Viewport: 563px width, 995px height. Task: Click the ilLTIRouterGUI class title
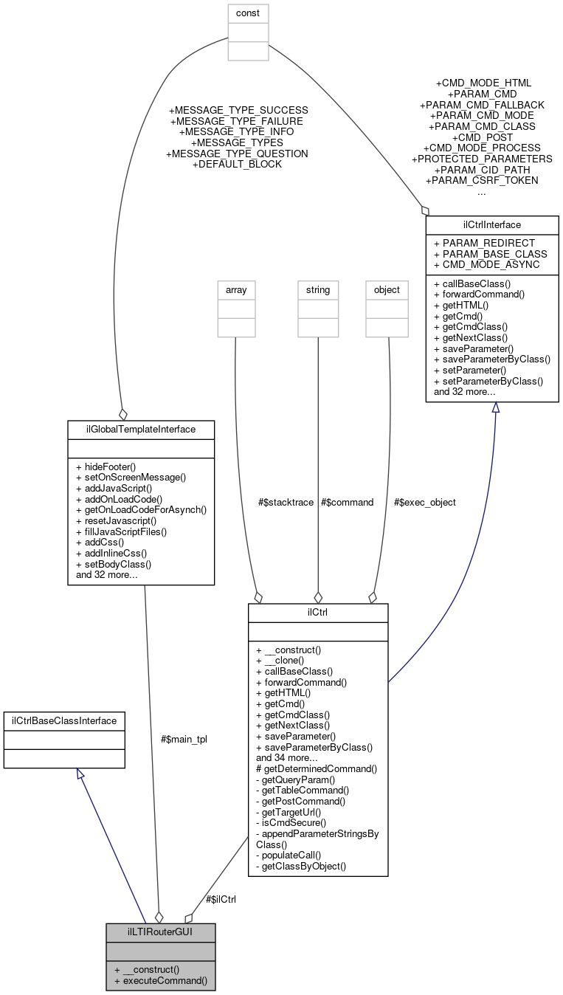161,932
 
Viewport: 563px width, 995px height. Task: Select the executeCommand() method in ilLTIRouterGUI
161,982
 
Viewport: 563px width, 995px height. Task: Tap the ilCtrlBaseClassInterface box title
64,719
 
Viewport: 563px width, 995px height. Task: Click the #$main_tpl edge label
184,739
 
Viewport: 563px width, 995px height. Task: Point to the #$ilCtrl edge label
221,899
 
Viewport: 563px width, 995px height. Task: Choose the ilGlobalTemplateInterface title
141,428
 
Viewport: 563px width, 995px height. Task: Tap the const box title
248,13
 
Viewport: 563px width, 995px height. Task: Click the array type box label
236,290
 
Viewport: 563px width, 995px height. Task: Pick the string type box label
318,290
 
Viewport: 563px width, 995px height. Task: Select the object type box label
387,290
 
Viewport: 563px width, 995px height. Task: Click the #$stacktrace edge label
286,502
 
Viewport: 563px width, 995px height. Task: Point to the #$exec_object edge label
424,502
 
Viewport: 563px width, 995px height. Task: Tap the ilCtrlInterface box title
492,223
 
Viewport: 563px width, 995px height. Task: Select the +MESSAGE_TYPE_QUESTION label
237,154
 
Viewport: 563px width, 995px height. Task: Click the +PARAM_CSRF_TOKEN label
481,180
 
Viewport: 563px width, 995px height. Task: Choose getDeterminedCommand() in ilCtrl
317,768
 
